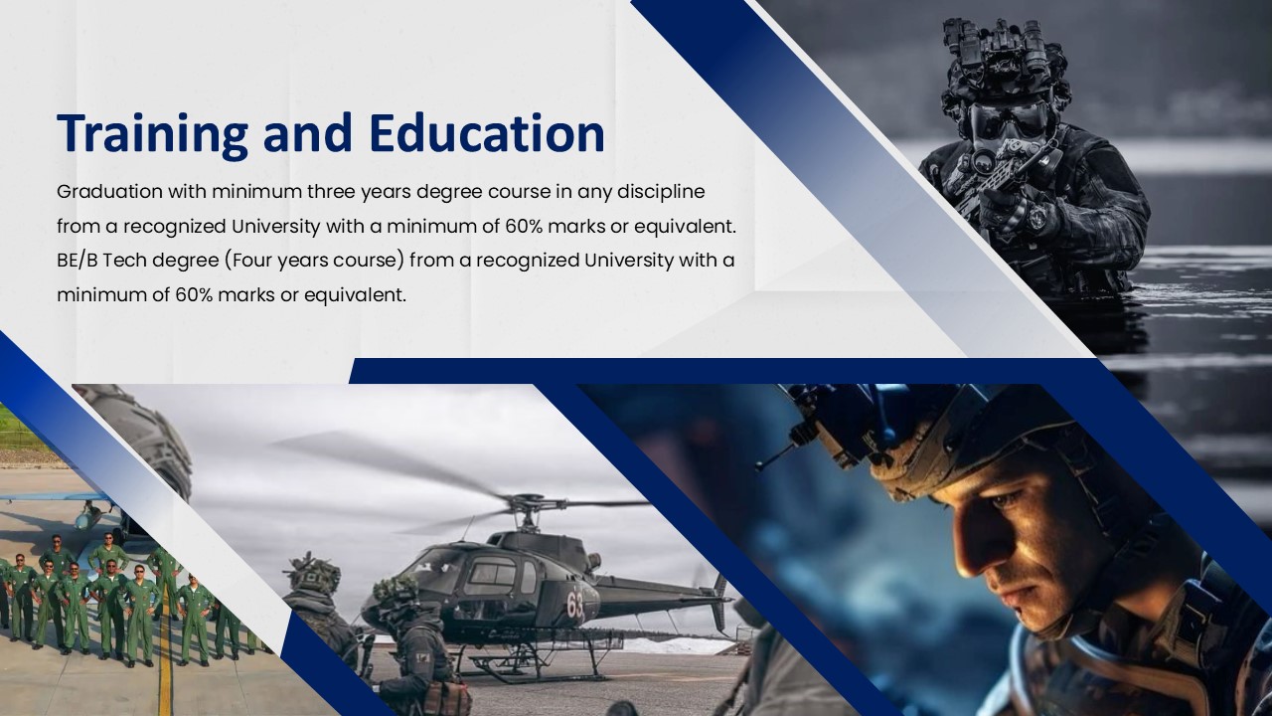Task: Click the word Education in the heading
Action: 486,134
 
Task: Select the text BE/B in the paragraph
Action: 77,261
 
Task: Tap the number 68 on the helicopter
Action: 575,603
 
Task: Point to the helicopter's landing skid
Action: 527,665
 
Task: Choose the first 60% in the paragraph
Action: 525,226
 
